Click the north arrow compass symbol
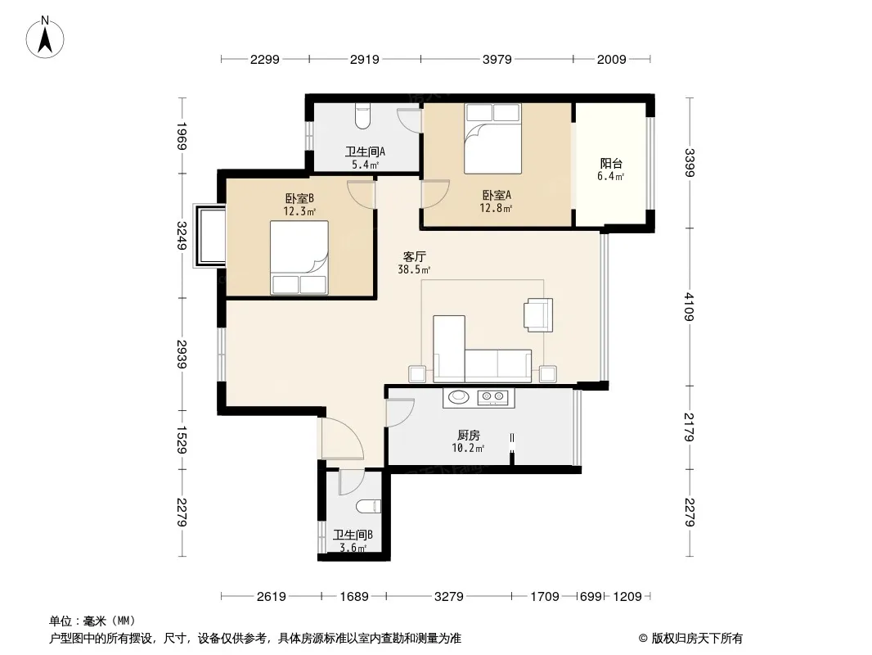click(x=45, y=38)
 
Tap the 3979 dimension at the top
click(x=497, y=60)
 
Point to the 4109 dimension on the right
click(x=690, y=307)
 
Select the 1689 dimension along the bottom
click(x=354, y=597)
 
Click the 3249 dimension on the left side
click(x=182, y=236)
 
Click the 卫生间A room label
click(x=366, y=151)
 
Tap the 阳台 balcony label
click(x=610, y=163)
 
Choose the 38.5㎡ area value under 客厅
click(x=414, y=270)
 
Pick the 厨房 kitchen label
click(x=468, y=436)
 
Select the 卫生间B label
click(x=353, y=535)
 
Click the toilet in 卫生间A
click(x=362, y=115)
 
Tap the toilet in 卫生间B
click(x=368, y=507)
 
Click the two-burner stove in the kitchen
click(x=492, y=397)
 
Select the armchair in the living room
click(x=537, y=315)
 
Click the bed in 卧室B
click(x=299, y=257)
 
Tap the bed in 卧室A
click(x=492, y=138)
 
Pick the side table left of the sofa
click(x=418, y=374)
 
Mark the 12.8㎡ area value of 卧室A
click(x=496, y=208)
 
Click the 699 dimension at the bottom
click(x=591, y=597)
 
